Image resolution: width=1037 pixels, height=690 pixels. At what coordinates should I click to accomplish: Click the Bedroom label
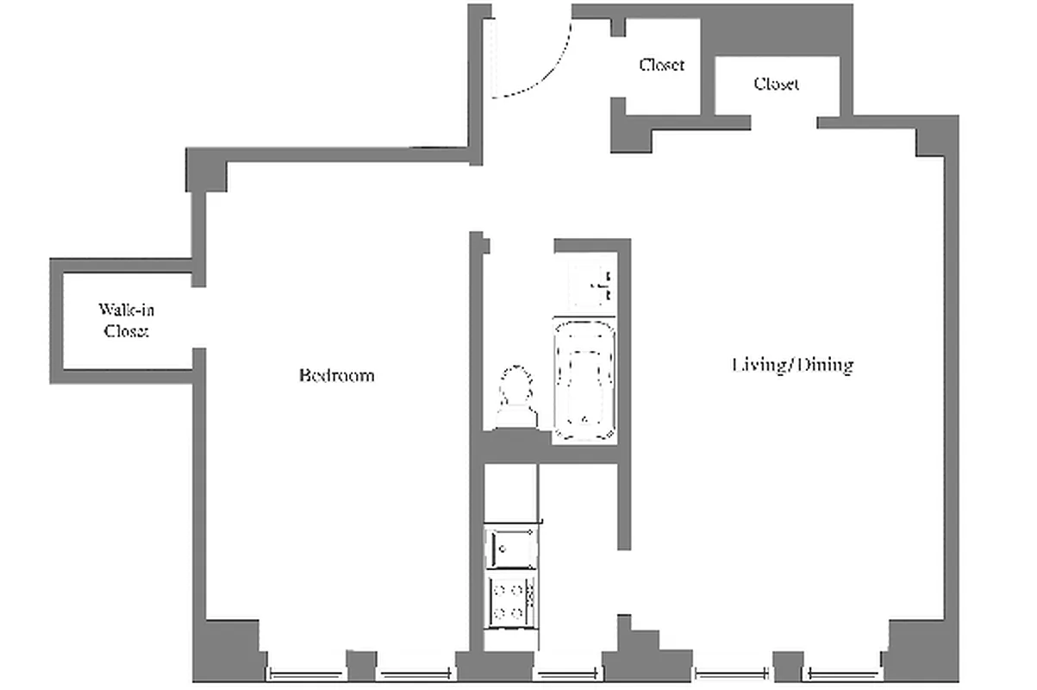click(336, 376)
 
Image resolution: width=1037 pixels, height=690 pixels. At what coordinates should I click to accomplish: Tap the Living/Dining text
click(792, 366)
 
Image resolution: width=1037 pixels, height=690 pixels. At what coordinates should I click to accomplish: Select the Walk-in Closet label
click(126, 320)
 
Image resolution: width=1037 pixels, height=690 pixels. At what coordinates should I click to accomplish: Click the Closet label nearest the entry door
click(662, 65)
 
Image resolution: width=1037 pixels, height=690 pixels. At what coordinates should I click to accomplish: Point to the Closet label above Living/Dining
click(776, 84)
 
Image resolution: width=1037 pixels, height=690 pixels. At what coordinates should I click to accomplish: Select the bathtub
click(585, 380)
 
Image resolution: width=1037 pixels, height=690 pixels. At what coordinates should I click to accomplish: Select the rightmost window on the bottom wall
click(845, 674)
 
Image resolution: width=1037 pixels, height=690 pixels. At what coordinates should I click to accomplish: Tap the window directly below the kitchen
click(567, 674)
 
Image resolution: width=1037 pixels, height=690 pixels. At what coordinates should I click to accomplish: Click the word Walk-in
click(126, 310)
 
